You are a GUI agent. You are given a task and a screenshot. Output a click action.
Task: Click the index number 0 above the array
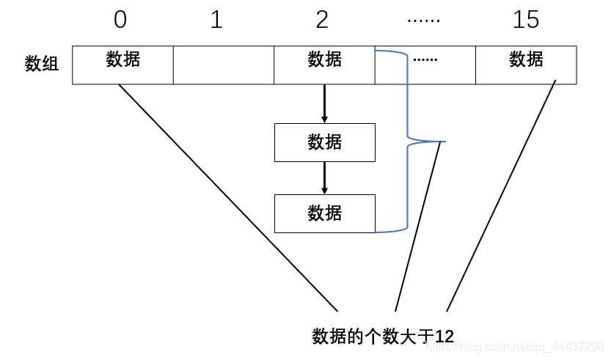point(120,20)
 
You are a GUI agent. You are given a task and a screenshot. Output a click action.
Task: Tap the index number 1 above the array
point(216,20)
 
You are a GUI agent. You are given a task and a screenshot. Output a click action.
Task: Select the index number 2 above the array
point(322,20)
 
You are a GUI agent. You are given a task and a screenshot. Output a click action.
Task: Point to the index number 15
point(526,20)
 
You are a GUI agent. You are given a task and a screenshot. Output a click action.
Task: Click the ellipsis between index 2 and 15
point(424,21)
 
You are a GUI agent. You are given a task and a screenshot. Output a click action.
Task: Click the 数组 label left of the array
point(42,64)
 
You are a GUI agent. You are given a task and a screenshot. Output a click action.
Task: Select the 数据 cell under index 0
point(122,65)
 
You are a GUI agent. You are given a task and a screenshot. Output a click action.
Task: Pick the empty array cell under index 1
point(223,65)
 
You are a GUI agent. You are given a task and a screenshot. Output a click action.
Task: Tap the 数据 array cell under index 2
point(324,65)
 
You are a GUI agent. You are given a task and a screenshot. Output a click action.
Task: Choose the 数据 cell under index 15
point(526,65)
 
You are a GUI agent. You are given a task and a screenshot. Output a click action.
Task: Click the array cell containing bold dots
point(425,65)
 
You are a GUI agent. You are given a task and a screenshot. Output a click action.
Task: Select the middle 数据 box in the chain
point(324,142)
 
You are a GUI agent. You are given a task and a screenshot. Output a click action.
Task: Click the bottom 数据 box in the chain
point(324,213)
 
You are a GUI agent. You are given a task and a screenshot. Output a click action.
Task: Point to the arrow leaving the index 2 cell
point(324,104)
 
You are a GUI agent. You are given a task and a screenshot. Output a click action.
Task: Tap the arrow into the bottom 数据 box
point(324,178)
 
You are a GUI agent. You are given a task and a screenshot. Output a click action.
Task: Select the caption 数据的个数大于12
point(383,337)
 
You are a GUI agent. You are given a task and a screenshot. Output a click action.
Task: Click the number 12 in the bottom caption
point(444,337)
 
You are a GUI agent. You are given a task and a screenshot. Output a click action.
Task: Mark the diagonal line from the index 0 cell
point(227,198)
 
